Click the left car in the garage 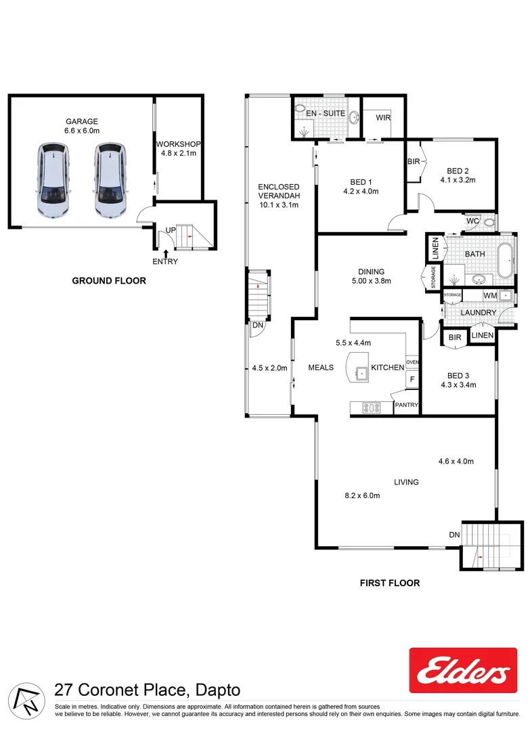(52, 181)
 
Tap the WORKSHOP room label (177, 144)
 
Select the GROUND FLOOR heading (109, 280)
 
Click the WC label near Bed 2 (472, 220)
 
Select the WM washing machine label (489, 296)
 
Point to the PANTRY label (406, 405)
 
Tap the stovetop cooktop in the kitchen (371, 407)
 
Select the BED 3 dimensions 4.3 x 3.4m (458, 385)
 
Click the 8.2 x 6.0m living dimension (362, 495)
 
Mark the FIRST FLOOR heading (391, 583)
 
